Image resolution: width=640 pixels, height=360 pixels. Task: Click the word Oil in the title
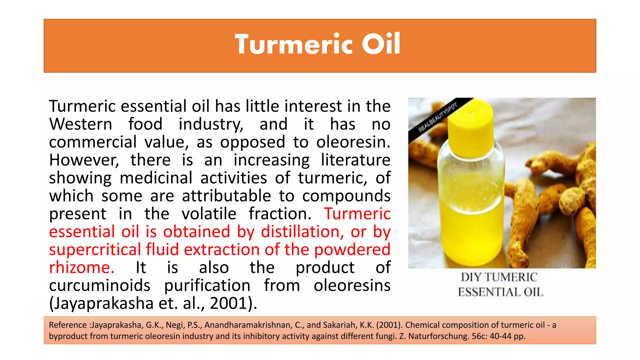tap(381, 44)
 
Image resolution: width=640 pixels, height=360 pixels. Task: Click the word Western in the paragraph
tap(81, 124)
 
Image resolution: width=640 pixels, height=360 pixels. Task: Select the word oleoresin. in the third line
tap(353, 142)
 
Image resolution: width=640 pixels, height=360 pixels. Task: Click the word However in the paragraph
tap(84, 160)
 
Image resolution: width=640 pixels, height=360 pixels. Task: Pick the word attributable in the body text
tap(227, 196)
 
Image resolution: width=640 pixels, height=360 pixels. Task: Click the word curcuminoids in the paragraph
tap(100, 286)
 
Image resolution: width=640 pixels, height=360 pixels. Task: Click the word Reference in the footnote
tap(68, 325)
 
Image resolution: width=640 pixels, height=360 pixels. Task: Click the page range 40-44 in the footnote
tap(500, 336)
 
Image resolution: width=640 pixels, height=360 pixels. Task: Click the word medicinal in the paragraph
tap(156, 178)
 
